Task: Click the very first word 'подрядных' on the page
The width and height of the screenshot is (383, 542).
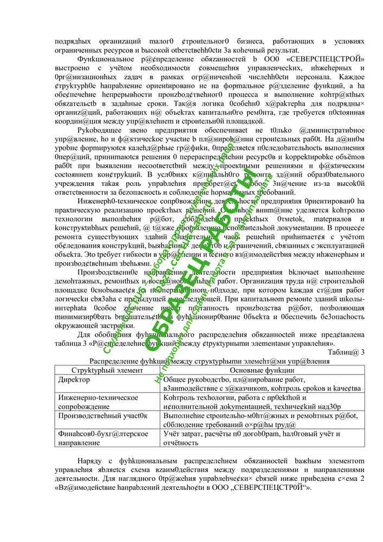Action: (x=71, y=42)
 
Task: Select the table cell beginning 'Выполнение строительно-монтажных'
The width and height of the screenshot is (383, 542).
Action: (x=260, y=420)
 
